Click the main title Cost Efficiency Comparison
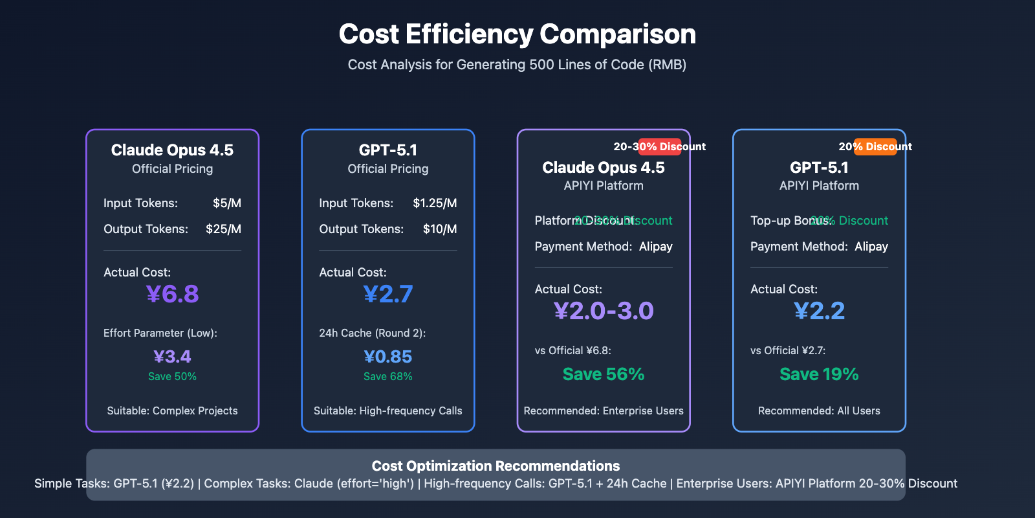point(517,34)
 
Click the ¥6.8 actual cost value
point(172,295)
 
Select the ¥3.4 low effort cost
point(172,357)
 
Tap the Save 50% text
point(172,377)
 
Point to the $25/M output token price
point(223,229)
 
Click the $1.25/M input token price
point(435,203)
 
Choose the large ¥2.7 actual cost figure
point(388,295)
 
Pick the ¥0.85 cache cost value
point(388,357)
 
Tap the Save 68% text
point(388,377)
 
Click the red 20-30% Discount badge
point(660,147)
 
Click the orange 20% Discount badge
point(875,147)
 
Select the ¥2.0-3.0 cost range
point(604,311)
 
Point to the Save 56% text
point(604,374)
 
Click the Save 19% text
point(819,374)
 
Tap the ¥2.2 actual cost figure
point(819,311)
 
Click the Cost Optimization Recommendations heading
point(496,466)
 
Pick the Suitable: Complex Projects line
point(172,411)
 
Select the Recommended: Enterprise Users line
point(604,411)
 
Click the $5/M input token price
point(227,203)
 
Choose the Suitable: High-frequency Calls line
point(388,411)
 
